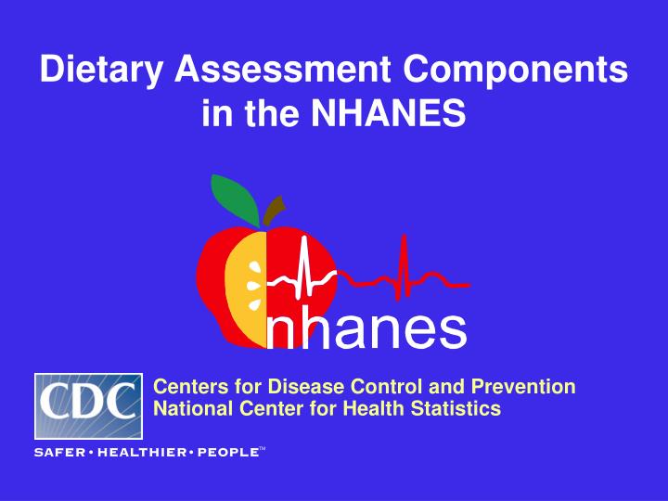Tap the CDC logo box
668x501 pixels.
pos(88,405)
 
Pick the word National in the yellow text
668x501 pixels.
pos(186,408)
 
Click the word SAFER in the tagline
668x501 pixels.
pos(59,453)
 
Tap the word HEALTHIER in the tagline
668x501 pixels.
pos(140,453)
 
